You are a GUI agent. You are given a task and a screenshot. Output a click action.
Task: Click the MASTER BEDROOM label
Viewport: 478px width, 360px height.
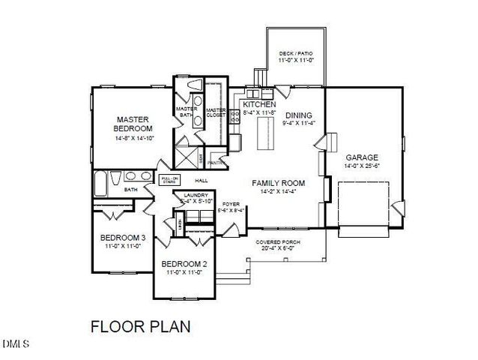pos(133,124)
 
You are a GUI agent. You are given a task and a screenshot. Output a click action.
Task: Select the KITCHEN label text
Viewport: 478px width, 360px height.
pos(255,104)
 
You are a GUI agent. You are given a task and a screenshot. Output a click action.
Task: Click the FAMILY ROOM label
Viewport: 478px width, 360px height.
pos(278,183)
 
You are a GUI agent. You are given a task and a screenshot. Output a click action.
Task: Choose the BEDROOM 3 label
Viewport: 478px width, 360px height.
pos(122,239)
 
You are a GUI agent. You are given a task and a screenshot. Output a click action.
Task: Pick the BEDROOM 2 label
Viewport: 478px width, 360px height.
pos(184,263)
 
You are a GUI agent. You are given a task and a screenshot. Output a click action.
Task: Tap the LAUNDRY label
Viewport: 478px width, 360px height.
pos(195,194)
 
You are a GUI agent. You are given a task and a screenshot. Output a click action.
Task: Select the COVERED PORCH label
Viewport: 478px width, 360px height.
pos(278,242)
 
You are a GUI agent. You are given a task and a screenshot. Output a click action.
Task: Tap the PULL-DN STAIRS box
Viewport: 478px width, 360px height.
pos(168,180)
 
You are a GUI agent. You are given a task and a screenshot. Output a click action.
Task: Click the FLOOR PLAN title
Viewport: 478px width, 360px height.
pos(140,326)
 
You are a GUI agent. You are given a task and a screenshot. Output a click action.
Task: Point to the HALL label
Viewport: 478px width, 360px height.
pos(202,181)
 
